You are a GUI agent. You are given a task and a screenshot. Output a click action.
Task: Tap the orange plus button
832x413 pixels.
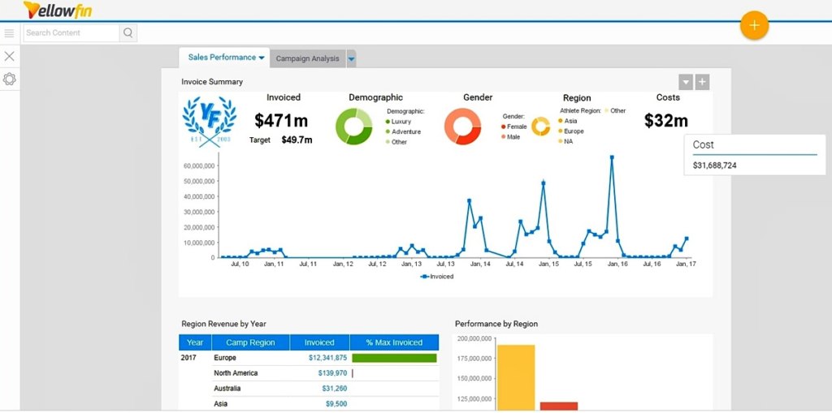754,26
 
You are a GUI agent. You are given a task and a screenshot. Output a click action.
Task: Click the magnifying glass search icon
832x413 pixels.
128,33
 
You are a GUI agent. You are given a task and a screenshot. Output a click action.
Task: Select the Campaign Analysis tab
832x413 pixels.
307,58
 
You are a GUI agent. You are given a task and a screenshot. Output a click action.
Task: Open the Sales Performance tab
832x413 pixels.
222,58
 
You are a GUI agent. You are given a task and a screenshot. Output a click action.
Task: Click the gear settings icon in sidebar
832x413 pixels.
10,80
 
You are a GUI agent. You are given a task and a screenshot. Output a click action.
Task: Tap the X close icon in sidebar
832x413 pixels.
10,56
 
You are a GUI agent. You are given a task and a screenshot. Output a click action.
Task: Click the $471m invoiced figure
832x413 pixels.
281,121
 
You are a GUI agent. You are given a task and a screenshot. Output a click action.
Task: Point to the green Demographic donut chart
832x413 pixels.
353,126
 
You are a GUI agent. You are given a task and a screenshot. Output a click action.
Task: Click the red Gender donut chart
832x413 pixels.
463,126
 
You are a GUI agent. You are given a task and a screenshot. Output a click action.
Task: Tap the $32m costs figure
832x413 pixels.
666,121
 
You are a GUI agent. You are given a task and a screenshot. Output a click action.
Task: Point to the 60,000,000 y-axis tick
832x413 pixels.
199,166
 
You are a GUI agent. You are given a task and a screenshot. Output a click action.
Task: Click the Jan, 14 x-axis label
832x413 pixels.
480,265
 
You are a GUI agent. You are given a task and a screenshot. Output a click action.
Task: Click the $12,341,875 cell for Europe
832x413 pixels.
327,358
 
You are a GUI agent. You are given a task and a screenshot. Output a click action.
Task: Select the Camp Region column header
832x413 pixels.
250,342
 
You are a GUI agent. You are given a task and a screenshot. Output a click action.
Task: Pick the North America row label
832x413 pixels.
236,373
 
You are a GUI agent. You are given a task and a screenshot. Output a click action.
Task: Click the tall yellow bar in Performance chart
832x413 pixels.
516,377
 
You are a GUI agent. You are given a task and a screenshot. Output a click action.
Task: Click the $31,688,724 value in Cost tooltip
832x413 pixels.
715,166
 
